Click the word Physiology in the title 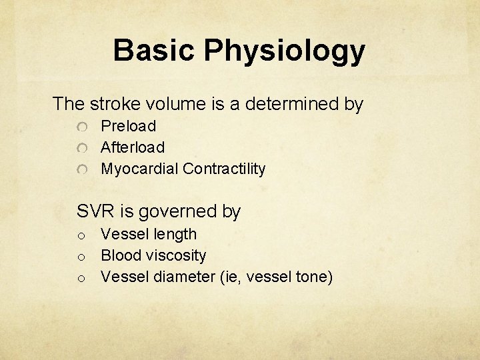(x=285, y=51)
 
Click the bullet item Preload (x=128, y=126)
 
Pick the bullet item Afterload (x=133, y=147)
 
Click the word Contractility (x=224, y=169)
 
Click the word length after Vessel (x=175, y=235)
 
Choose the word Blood (x=120, y=255)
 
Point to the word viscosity (x=175, y=255)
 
